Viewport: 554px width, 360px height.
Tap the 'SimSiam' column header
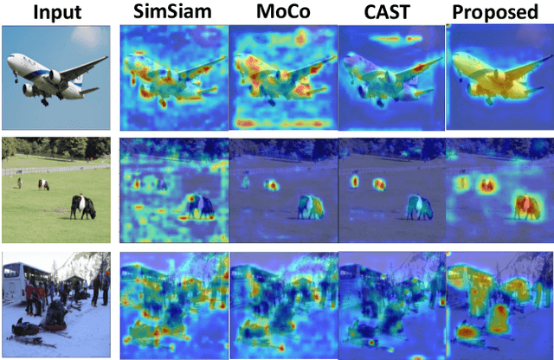click(x=171, y=11)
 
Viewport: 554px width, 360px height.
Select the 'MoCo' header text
click(x=280, y=11)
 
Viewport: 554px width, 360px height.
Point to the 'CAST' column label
click(x=388, y=11)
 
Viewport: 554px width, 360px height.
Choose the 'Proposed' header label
click(x=498, y=11)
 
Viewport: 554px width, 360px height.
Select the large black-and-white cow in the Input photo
click(x=82, y=206)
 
